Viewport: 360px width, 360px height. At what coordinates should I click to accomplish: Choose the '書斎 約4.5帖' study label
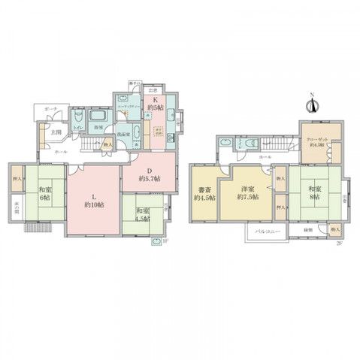[x=203, y=192]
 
